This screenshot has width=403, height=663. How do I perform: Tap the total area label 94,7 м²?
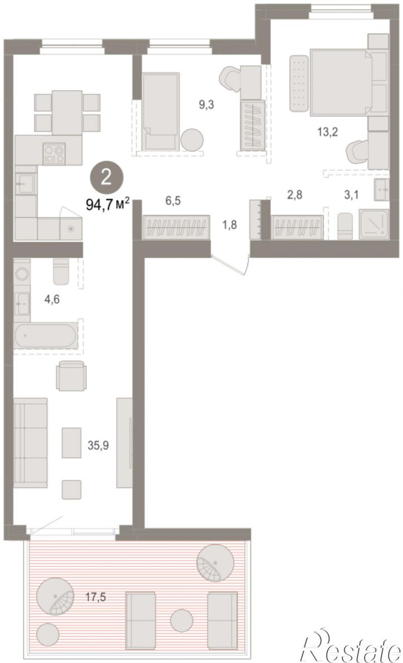click(107, 205)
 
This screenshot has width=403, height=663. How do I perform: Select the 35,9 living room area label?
click(98, 445)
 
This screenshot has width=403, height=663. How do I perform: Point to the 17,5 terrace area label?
click(94, 597)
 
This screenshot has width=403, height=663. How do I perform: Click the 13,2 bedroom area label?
click(328, 132)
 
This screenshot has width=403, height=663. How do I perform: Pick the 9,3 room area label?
click(207, 105)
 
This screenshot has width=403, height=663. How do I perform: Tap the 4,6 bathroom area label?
click(52, 299)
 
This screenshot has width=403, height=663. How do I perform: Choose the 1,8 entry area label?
click(229, 224)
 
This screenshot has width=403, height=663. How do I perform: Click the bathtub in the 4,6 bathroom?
click(46, 336)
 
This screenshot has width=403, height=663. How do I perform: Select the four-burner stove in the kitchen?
click(54, 153)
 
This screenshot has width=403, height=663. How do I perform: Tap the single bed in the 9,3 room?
click(161, 112)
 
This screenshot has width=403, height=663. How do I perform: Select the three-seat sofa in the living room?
click(31, 440)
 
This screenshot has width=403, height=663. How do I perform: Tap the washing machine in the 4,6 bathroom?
click(22, 274)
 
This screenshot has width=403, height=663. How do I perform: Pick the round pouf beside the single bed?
click(192, 140)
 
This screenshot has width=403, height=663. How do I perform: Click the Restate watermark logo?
click(351, 647)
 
